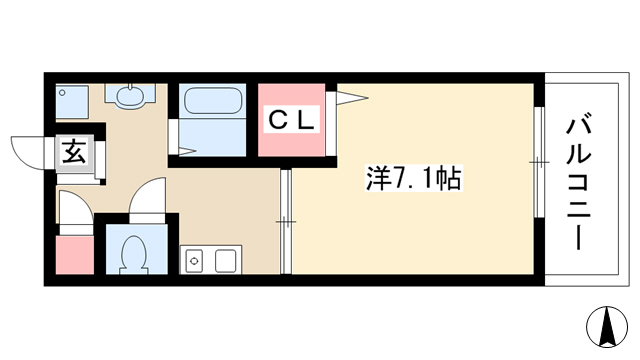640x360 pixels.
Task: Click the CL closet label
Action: [x=291, y=119]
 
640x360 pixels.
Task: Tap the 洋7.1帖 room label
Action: [x=413, y=178]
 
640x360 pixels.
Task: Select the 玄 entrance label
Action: [x=74, y=152]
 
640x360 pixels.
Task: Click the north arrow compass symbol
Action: [x=607, y=327]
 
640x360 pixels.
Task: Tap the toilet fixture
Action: [x=133, y=255]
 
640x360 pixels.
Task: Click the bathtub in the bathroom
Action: [x=213, y=101]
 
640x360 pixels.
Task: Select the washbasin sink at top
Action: [x=130, y=96]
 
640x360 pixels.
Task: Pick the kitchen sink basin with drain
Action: [x=194, y=260]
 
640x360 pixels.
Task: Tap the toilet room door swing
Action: [x=147, y=195]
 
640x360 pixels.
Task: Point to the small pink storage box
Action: [x=75, y=255]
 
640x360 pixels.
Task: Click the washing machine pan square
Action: [x=72, y=102]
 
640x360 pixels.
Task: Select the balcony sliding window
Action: [x=539, y=162]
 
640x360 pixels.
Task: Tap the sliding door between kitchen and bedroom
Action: [x=286, y=222]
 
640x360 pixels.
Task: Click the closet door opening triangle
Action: [x=352, y=98]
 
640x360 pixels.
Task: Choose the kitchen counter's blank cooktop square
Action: [x=225, y=261]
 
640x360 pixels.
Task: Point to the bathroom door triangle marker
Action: [x=187, y=151]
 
